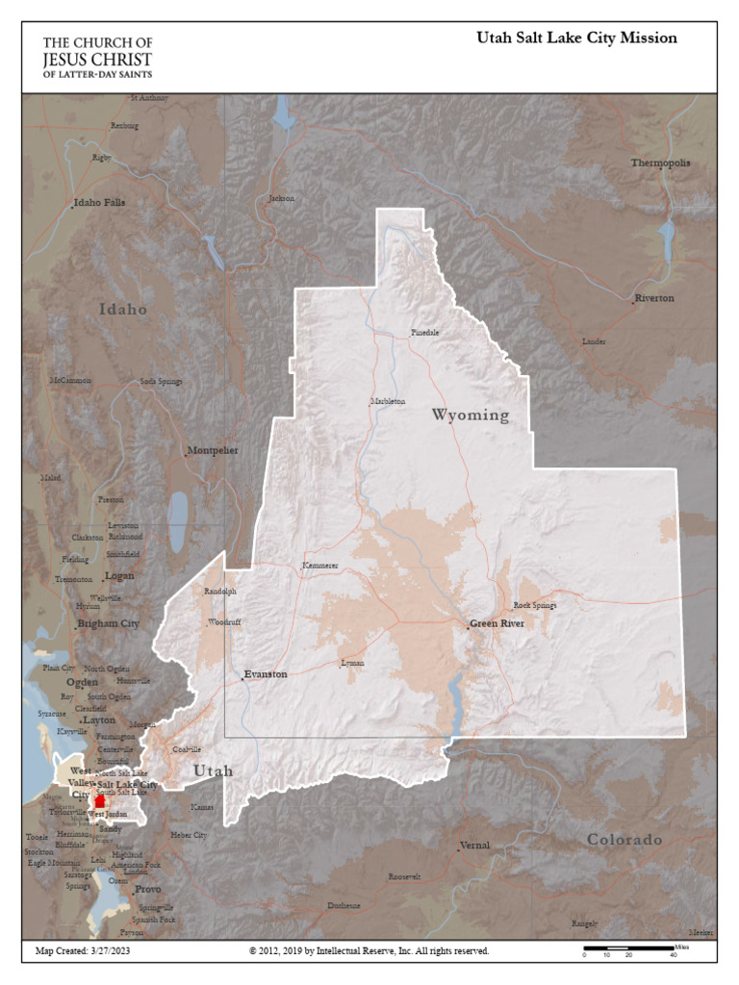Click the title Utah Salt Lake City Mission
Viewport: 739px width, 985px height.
pos(576,38)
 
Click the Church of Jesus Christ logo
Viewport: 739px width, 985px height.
pos(97,58)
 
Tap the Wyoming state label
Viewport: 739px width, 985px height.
pos(470,416)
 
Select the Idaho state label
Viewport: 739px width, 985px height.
pos(123,310)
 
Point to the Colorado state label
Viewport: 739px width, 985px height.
pos(624,840)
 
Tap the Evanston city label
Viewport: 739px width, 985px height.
pos(265,674)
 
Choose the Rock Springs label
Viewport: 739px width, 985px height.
pos(535,605)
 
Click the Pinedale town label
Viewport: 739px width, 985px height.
pos(425,332)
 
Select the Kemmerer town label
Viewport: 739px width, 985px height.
pos(320,565)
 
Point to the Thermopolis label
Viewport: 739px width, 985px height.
pos(660,164)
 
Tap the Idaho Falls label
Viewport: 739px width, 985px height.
pos(100,203)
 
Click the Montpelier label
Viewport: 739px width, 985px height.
pos(213,450)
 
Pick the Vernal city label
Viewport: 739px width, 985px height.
pos(475,846)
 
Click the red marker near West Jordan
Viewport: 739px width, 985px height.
pos(100,802)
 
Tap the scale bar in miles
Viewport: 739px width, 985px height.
pos(629,950)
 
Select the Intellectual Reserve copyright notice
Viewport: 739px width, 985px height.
pos(369,950)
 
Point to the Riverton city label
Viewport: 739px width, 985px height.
pos(654,298)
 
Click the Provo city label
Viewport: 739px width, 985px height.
pos(147,890)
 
